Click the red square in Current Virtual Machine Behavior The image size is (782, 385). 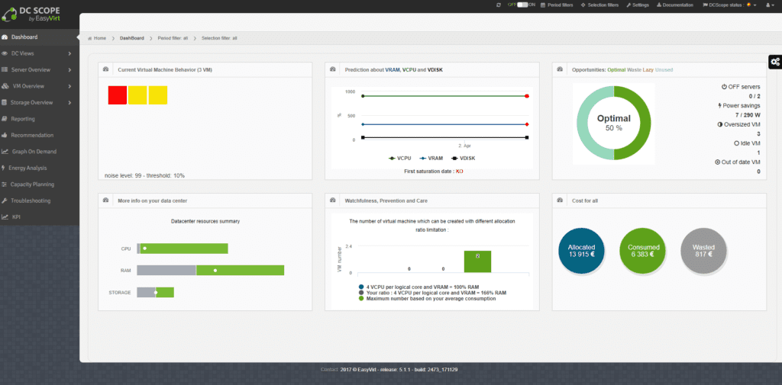(117, 95)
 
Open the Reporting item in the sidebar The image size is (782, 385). (23, 119)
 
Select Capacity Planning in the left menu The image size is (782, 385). (32, 184)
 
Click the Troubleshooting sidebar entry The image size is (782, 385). (31, 201)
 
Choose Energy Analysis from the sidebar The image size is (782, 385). (29, 168)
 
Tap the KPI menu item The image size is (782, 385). (16, 217)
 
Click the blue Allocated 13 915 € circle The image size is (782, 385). (581, 250)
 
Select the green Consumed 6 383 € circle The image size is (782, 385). (643, 250)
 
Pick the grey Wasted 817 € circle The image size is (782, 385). (703, 250)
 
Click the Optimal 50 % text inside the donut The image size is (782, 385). (613, 123)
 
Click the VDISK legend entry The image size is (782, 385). (464, 158)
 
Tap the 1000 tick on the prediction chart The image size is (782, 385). (351, 92)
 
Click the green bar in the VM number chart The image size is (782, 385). (477, 261)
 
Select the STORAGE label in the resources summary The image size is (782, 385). (121, 293)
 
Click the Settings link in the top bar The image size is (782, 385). (637, 5)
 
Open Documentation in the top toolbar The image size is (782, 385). (675, 5)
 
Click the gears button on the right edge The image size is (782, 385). (774, 61)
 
